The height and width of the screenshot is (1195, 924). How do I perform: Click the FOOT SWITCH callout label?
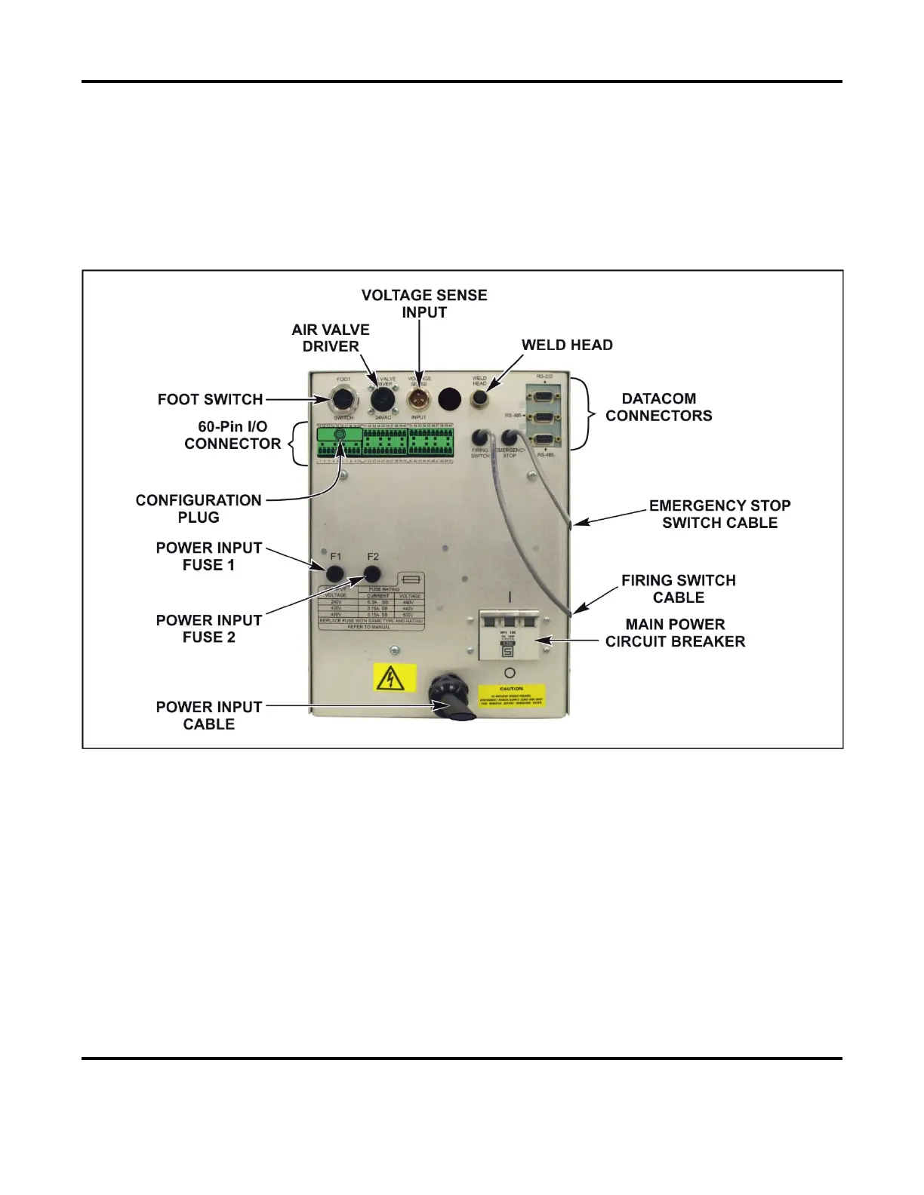point(210,399)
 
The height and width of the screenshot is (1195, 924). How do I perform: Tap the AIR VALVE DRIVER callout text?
point(331,338)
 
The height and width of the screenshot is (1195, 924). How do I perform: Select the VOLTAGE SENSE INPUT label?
point(424,303)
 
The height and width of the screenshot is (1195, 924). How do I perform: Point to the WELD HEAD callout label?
point(567,345)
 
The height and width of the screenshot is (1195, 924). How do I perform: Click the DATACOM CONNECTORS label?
point(658,407)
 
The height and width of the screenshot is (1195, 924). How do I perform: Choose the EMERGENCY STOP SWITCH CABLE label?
point(719,514)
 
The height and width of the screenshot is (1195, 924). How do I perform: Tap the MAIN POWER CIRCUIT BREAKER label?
point(675,633)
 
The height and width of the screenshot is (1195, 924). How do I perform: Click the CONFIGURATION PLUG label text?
point(199,508)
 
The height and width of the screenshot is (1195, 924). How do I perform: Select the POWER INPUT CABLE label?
point(209,715)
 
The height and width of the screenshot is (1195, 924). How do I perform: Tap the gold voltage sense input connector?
point(418,398)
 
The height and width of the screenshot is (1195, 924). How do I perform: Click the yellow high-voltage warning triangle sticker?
point(395,678)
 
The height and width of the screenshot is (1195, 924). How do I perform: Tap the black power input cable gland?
point(451,697)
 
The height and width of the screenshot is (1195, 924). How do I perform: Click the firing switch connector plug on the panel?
point(479,437)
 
